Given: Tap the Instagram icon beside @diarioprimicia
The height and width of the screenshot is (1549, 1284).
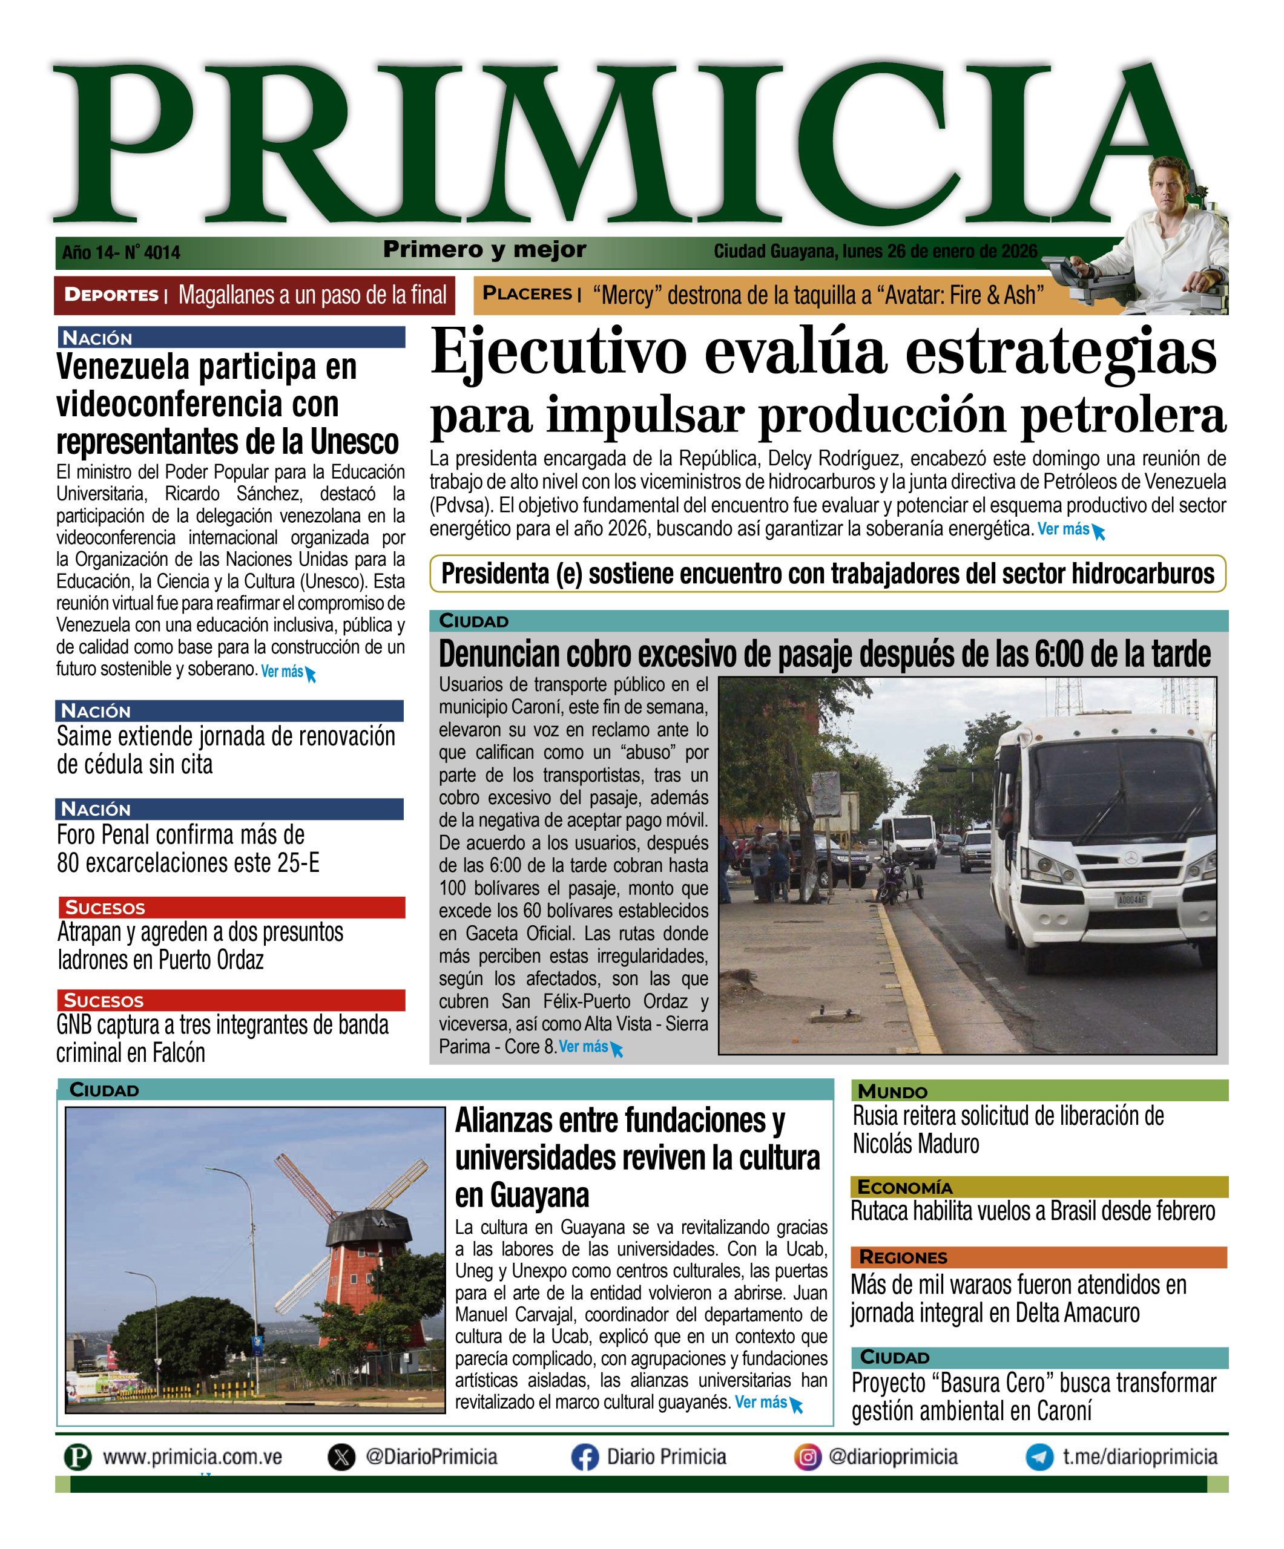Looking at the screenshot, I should [808, 1458].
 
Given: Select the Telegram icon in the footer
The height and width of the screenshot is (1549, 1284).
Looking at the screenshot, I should [1040, 1458].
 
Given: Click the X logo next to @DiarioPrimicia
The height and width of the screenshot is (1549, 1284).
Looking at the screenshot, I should [341, 1458].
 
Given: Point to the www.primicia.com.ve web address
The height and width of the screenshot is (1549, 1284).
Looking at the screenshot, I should [192, 1458].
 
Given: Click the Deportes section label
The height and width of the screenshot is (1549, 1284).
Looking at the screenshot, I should [111, 295].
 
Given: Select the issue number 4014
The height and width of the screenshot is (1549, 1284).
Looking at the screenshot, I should [162, 253].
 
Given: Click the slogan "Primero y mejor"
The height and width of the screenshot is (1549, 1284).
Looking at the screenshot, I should [484, 250].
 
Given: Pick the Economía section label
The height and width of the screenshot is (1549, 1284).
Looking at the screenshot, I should [904, 1188].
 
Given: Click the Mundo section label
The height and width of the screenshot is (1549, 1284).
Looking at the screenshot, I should [892, 1092].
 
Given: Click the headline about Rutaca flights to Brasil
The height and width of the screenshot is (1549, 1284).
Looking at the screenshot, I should [1032, 1212].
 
